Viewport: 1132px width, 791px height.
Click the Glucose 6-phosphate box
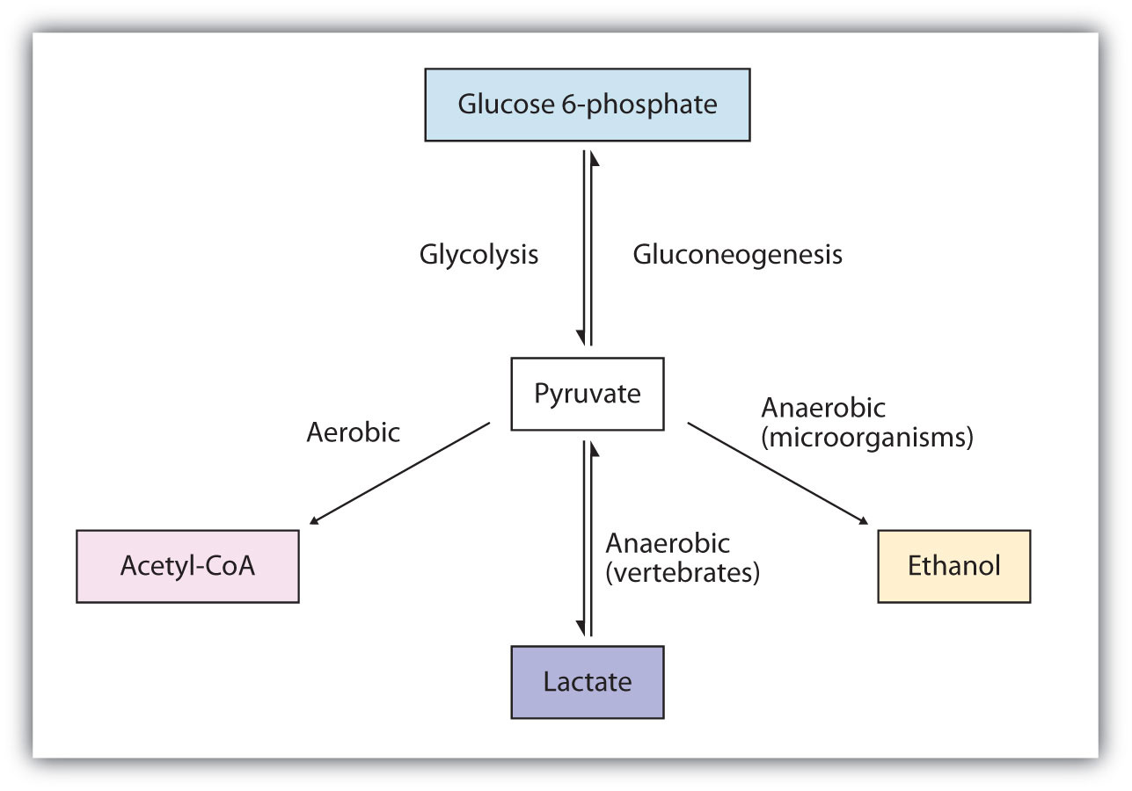(588, 105)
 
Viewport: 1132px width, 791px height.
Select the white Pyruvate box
(588, 394)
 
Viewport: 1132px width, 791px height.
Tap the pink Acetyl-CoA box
(187, 566)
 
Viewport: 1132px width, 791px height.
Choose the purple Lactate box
(588, 682)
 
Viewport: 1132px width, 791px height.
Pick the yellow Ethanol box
(953, 566)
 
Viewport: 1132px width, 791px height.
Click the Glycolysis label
(478, 255)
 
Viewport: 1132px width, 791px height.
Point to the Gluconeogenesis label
(737, 255)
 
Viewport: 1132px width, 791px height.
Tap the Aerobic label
(353, 432)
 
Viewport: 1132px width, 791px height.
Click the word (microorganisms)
(866, 438)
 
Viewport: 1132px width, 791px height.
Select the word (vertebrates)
(683, 573)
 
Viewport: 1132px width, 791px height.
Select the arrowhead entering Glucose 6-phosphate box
(595, 157)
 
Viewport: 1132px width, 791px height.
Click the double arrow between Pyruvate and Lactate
(587, 538)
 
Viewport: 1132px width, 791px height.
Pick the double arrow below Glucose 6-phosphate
(587, 249)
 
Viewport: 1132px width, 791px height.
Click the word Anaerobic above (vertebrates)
(668, 544)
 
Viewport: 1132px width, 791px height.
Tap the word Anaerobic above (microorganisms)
(823, 409)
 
